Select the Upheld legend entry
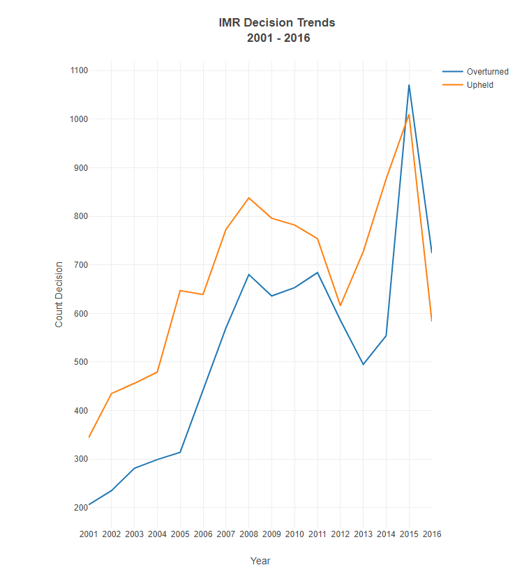click(x=480, y=85)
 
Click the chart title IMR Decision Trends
click(x=277, y=22)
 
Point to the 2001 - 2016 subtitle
click(x=278, y=38)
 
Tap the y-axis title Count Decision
click(x=59, y=294)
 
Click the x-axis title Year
click(x=260, y=560)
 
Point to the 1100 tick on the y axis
click(x=77, y=70)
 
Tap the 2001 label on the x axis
click(x=89, y=534)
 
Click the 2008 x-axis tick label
click(x=248, y=534)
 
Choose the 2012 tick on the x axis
click(x=340, y=534)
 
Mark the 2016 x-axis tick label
click(x=431, y=534)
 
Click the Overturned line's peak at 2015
click(x=409, y=85)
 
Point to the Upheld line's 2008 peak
click(x=248, y=197)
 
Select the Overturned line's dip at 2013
click(x=363, y=364)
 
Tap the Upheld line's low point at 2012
click(x=340, y=306)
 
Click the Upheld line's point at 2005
click(x=180, y=290)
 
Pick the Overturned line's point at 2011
click(x=317, y=273)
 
